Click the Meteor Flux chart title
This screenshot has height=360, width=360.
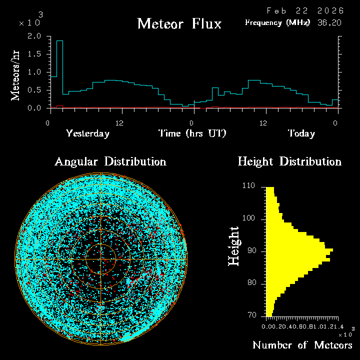(179, 23)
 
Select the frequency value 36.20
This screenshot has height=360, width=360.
(329, 22)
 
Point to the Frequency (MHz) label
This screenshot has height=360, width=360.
(277, 22)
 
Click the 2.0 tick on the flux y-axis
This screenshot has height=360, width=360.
(34, 36)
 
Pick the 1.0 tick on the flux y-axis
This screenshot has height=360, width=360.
(34, 72)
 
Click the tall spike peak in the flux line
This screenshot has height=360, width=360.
(59, 41)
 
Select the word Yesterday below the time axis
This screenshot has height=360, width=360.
(87, 133)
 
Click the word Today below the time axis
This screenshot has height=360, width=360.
(301, 133)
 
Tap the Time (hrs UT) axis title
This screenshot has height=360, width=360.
(192, 133)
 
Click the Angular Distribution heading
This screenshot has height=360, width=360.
(110, 161)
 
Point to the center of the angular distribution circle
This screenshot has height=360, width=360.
(101, 259)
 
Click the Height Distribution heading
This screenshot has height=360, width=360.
(289, 161)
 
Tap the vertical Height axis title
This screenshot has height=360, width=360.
(233, 245)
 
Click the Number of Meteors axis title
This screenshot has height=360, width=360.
(302, 345)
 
